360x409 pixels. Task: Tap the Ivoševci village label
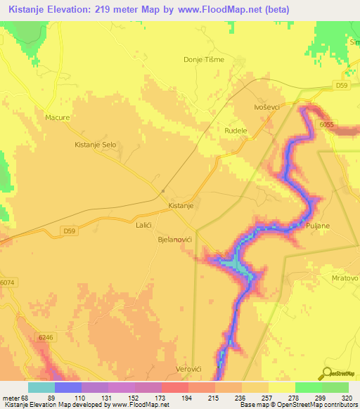coord(268,107)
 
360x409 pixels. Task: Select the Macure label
coord(57,117)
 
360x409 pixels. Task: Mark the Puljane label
coord(319,225)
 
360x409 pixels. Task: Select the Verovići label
coord(193,369)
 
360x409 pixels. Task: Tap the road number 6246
coord(46,338)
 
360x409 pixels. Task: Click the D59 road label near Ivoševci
coord(341,86)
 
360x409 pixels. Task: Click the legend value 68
coord(26,398)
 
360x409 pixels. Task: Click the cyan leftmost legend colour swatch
coord(41,387)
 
